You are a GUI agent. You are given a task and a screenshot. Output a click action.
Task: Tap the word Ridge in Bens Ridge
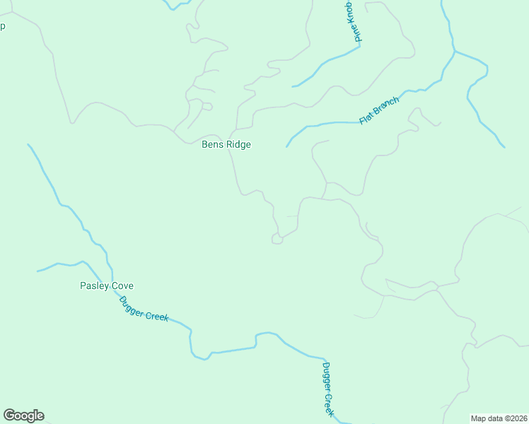pyautogui.click(x=238, y=145)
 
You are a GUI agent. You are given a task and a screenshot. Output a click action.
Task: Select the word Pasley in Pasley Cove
pyautogui.click(x=93, y=286)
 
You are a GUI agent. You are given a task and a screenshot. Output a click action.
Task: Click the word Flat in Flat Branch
pyautogui.click(x=366, y=118)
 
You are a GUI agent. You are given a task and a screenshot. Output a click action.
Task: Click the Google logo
pyautogui.click(x=23, y=416)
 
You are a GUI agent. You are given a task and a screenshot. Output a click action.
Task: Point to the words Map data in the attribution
pyautogui.click(x=487, y=418)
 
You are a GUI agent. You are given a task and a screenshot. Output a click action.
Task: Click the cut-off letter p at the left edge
pyautogui.click(x=2, y=27)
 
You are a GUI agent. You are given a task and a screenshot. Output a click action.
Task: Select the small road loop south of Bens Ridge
pyautogui.click(x=277, y=240)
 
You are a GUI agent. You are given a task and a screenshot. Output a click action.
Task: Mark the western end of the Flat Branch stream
pyautogui.click(x=287, y=146)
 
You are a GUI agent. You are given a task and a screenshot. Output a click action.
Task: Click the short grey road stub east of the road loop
pyautogui.click(x=291, y=216)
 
